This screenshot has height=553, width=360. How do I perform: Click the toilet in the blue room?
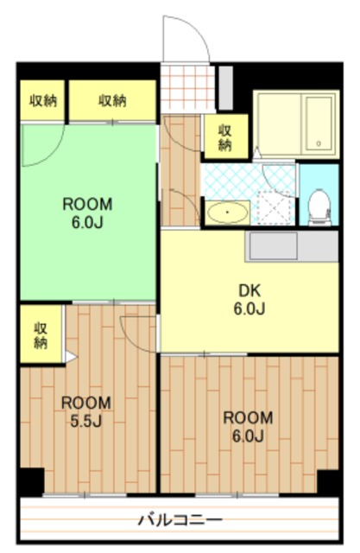coord(319,207)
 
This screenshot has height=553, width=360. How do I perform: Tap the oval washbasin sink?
coord(227,213)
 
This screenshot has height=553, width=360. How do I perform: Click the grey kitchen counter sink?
coord(274,245)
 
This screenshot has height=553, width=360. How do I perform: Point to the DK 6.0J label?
coord(249,300)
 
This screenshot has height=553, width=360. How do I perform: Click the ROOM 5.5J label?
coord(86,412)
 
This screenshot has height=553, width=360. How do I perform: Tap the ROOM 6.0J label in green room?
coord(87,213)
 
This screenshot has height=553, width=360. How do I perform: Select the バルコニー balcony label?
coord(180,520)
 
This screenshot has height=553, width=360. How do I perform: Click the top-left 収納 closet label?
coord(42,101)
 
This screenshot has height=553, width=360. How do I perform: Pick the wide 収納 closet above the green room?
coord(112,100)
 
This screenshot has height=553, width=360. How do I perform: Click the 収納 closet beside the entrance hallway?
coord(225,137)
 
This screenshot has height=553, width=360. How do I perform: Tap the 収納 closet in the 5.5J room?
coord(41,335)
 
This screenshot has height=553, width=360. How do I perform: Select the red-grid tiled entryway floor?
coord(187,87)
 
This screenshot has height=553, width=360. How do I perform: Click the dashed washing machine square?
coord(275,207)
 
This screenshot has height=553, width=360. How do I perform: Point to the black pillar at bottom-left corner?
coord(31,481)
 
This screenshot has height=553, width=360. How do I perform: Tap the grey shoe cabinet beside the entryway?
coord(226,88)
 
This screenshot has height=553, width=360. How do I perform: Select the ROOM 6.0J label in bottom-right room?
coord(248,427)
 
